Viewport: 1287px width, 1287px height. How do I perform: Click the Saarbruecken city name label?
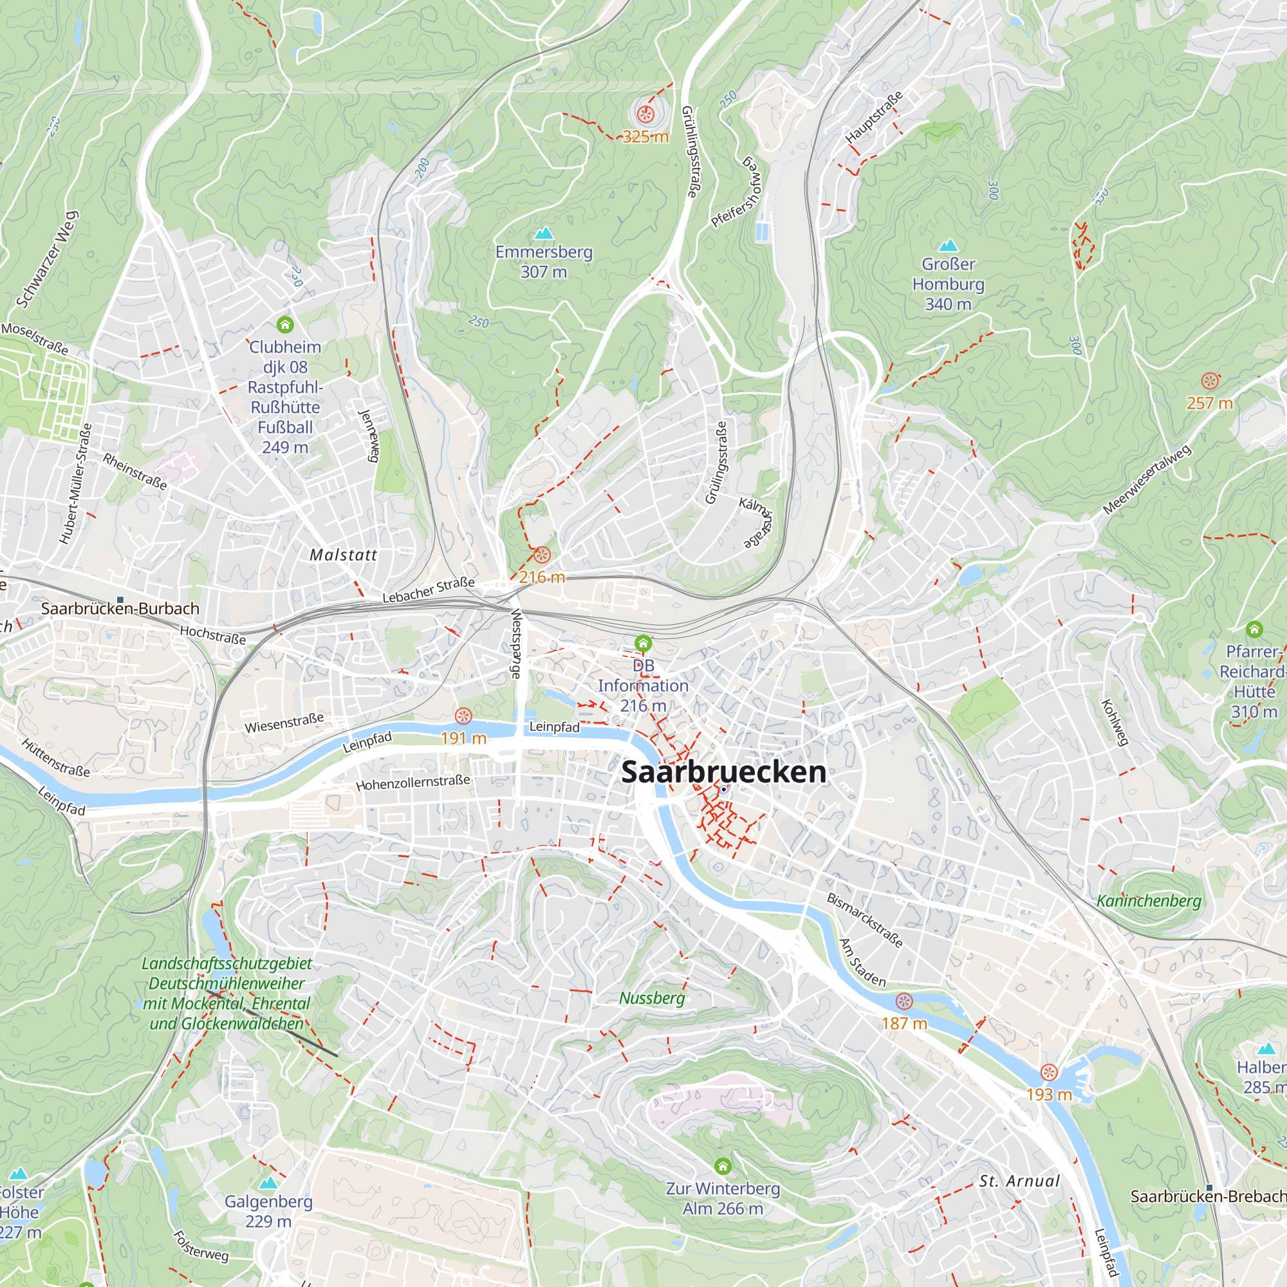coord(723,772)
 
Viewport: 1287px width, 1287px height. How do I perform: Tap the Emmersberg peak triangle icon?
coord(544,233)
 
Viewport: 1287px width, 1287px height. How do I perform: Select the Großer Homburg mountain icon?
coord(948,245)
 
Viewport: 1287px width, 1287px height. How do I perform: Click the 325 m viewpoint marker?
coord(645,115)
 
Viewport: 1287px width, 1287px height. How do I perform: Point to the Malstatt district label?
coord(343,555)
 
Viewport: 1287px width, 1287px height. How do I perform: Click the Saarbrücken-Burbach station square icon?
coord(120,600)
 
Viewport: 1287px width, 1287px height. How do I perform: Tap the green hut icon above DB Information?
coord(643,643)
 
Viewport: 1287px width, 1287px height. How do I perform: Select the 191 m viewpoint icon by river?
coord(463,716)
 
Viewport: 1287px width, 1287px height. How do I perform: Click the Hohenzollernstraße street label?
coord(413,782)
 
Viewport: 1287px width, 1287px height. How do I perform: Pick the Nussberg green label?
coord(651,998)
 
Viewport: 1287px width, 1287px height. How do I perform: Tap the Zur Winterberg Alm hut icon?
coord(723,1166)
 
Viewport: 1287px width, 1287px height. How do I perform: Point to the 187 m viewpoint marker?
coord(904,1001)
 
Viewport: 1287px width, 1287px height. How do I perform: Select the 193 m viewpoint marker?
coord(1048,1073)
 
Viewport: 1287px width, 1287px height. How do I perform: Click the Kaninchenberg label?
coord(1149,902)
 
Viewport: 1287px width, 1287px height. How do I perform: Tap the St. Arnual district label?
coord(1019,1181)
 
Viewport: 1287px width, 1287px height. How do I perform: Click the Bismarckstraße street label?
coord(865,920)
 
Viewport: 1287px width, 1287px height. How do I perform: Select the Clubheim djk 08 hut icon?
coord(285,325)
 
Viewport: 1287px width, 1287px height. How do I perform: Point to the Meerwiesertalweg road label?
coord(1147,480)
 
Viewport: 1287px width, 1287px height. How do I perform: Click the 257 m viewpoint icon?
coord(1210,382)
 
